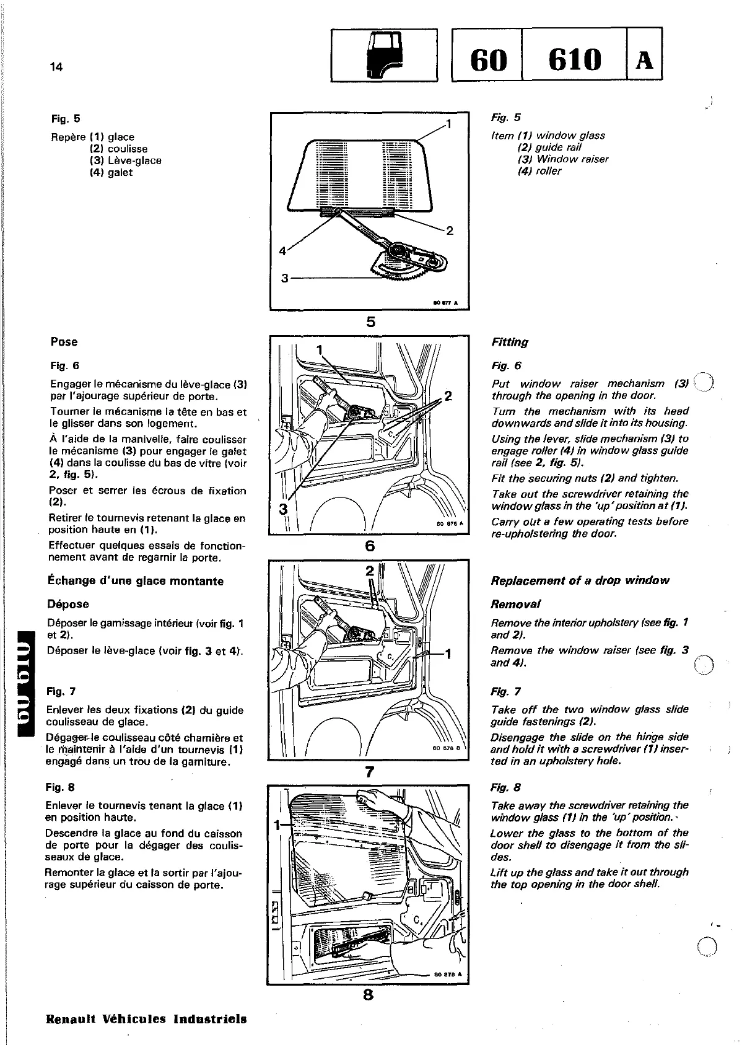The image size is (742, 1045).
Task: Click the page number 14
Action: (56, 68)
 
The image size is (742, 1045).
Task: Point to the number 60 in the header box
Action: (489, 61)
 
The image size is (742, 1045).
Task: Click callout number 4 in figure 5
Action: (282, 251)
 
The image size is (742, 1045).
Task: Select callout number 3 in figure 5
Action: (285, 278)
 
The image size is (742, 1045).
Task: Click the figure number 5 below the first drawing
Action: (370, 321)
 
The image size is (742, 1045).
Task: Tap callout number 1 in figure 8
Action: (277, 824)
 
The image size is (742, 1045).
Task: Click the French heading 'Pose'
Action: (64, 342)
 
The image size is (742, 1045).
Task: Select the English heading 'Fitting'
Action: (509, 342)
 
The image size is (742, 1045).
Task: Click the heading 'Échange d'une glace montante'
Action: (136, 581)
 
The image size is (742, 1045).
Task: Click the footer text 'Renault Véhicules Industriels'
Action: (147, 1018)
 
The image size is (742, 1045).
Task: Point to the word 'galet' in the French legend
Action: (120, 173)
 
